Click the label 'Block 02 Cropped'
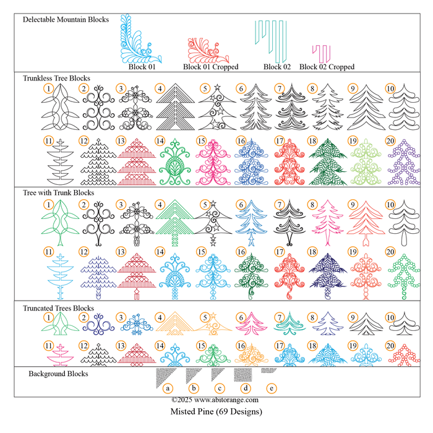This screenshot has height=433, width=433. pos(327,67)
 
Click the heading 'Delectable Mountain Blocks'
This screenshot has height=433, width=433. pos(66,19)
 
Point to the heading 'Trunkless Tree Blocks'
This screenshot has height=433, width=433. pos(56,79)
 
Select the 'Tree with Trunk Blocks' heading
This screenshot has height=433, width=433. pos(58,193)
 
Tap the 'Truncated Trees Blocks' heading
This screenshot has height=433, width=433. pos(58,308)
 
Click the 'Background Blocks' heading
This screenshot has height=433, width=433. pos(58,374)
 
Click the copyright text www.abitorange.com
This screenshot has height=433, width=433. pos(215,400)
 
